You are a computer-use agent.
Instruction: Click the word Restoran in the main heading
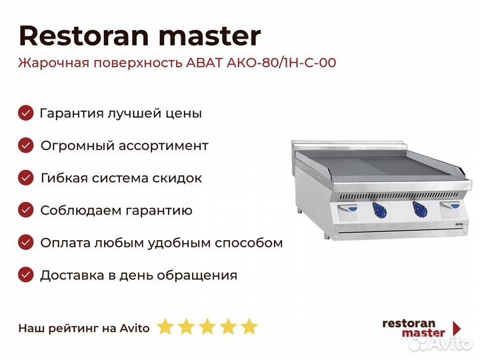pos(84,36)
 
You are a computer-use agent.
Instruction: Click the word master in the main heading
pos(210,37)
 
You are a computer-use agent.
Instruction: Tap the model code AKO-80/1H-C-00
pos(281,63)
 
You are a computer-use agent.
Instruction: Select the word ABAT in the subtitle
pos(203,63)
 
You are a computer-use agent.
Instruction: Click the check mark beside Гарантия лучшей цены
pos(26,113)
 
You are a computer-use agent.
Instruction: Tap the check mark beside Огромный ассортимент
pos(26,145)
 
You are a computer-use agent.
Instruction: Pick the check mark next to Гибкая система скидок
pos(26,177)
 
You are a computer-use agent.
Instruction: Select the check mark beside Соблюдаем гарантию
pos(26,210)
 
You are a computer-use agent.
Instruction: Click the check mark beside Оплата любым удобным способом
pos(26,243)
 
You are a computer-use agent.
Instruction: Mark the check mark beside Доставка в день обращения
pos(26,275)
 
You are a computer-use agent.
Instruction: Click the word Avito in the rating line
pos(135,328)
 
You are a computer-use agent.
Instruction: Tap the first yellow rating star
pos(165,326)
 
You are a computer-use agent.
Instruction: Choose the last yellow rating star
pos(249,326)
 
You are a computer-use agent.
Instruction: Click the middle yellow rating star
pos(207,326)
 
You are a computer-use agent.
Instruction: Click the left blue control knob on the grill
pos(379,210)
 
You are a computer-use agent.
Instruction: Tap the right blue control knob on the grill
pos(420,209)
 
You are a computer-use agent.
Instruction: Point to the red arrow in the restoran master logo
pos(457,329)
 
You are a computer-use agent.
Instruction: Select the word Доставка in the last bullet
pos(72,275)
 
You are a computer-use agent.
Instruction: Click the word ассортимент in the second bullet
pos(163,146)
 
